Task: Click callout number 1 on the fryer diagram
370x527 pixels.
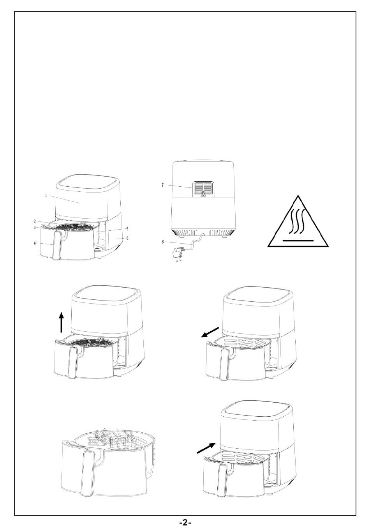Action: pyautogui.click(x=46, y=195)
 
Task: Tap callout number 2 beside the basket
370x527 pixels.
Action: pyautogui.click(x=35, y=221)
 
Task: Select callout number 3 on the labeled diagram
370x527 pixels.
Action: pyautogui.click(x=35, y=227)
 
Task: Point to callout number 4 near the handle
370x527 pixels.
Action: pyautogui.click(x=35, y=243)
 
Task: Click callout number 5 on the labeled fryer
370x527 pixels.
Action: pyautogui.click(x=127, y=228)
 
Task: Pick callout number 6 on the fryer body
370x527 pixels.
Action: pyautogui.click(x=127, y=238)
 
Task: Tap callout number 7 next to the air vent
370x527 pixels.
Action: pyautogui.click(x=162, y=185)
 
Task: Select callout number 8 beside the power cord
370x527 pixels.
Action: pyautogui.click(x=162, y=242)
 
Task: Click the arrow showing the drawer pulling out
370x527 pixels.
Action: pyautogui.click(x=210, y=332)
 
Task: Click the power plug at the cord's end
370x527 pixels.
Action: pyautogui.click(x=178, y=254)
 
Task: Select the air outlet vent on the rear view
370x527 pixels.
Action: pyautogui.click(x=203, y=189)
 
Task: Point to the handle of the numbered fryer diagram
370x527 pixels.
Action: pyautogui.click(x=56, y=245)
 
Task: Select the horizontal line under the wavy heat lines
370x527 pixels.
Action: pyautogui.click(x=298, y=241)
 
